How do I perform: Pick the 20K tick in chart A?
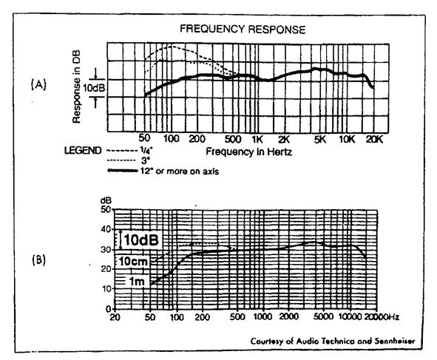[374, 139]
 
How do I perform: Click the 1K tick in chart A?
[257, 139]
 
